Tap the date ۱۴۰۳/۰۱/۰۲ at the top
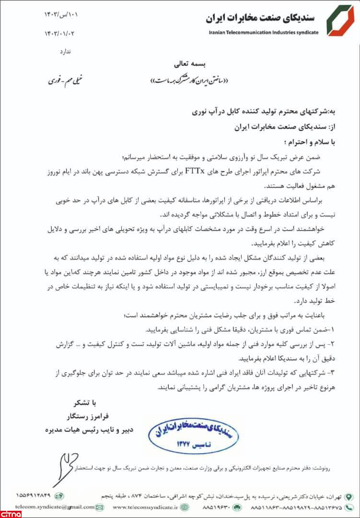click(61, 34)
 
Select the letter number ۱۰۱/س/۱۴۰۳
click(61, 15)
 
